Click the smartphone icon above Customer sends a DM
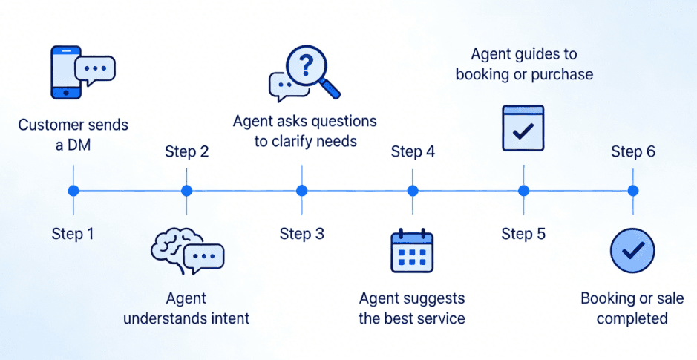click(x=65, y=72)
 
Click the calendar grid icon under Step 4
click(x=411, y=253)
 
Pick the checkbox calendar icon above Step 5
click(x=523, y=128)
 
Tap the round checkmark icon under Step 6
click(x=632, y=251)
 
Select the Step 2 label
click(x=186, y=152)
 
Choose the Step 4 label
click(x=413, y=152)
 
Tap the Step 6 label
click(x=633, y=152)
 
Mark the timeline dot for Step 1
click(x=73, y=191)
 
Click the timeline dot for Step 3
click(x=301, y=191)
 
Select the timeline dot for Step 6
click(x=633, y=191)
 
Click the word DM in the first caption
click(x=79, y=145)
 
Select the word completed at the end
click(x=632, y=319)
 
